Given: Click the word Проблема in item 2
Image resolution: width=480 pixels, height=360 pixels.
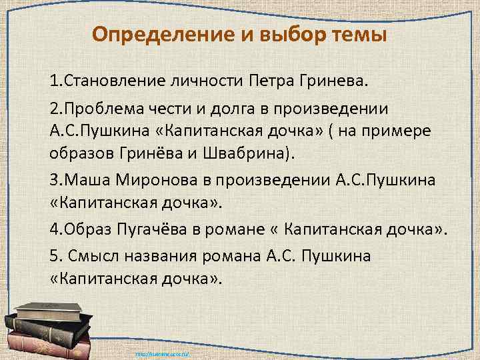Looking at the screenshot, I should pos(101,109).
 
